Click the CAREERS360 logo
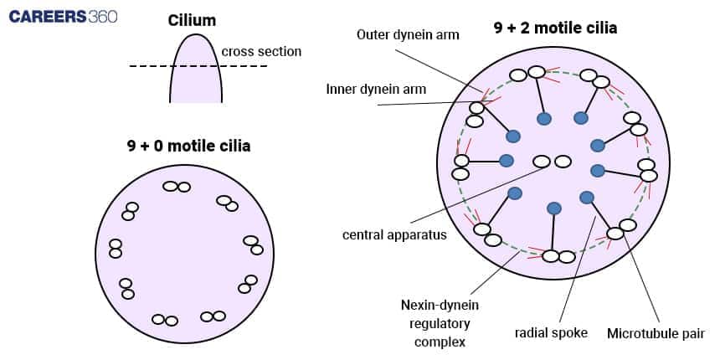pos(64,16)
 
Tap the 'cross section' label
pos(261,52)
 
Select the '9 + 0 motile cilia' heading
pos(188,146)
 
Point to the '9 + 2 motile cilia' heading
pos(555,28)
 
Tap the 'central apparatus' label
pos(394,234)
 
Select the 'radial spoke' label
pos(551,332)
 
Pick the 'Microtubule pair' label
pos(656,332)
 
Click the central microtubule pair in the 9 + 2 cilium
pos(553,161)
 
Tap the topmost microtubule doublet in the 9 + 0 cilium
pos(177,187)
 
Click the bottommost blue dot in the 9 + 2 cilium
pos(553,208)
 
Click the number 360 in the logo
pos(102,16)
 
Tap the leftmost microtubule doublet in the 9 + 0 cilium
pos(116,249)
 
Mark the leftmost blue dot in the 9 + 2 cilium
pos(506,160)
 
